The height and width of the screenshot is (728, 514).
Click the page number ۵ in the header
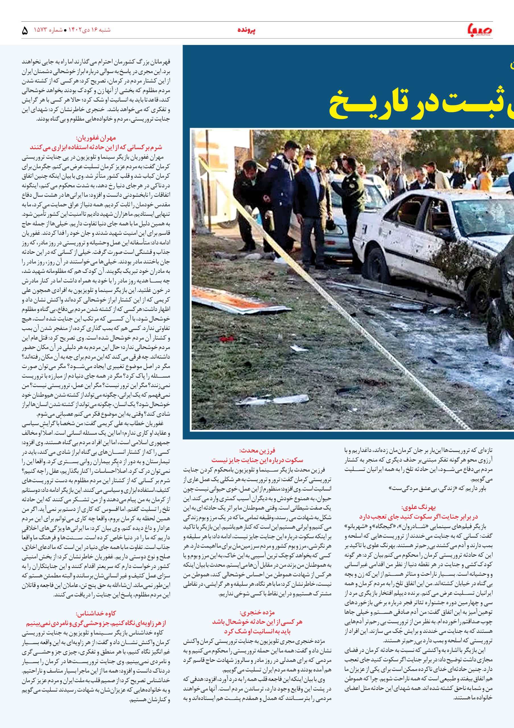tap(25, 31)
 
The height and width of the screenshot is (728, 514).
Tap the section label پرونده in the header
tap(247, 31)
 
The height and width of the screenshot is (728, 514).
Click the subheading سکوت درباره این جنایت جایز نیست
tap(257, 460)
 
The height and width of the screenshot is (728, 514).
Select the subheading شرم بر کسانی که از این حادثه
tap(96, 147)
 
